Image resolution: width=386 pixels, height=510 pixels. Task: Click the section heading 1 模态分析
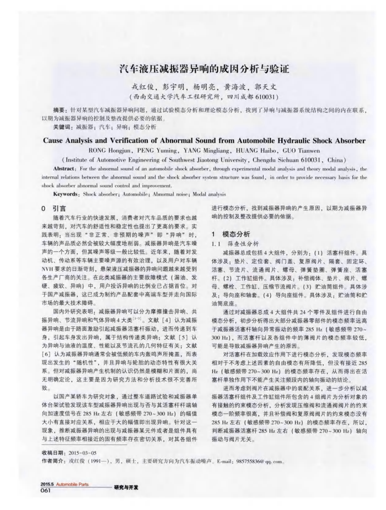pyautogui.click(x=232, y=233)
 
